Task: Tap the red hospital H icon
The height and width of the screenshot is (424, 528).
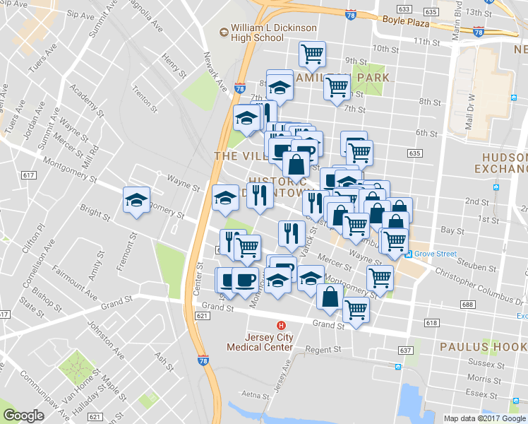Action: (281, 326)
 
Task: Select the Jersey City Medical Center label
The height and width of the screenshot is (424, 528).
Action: (259, 342)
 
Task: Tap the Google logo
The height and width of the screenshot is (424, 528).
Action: (23, 416)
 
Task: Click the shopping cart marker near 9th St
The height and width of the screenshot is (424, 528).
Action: (311, 54)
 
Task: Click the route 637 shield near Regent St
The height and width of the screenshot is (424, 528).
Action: (404, 351)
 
